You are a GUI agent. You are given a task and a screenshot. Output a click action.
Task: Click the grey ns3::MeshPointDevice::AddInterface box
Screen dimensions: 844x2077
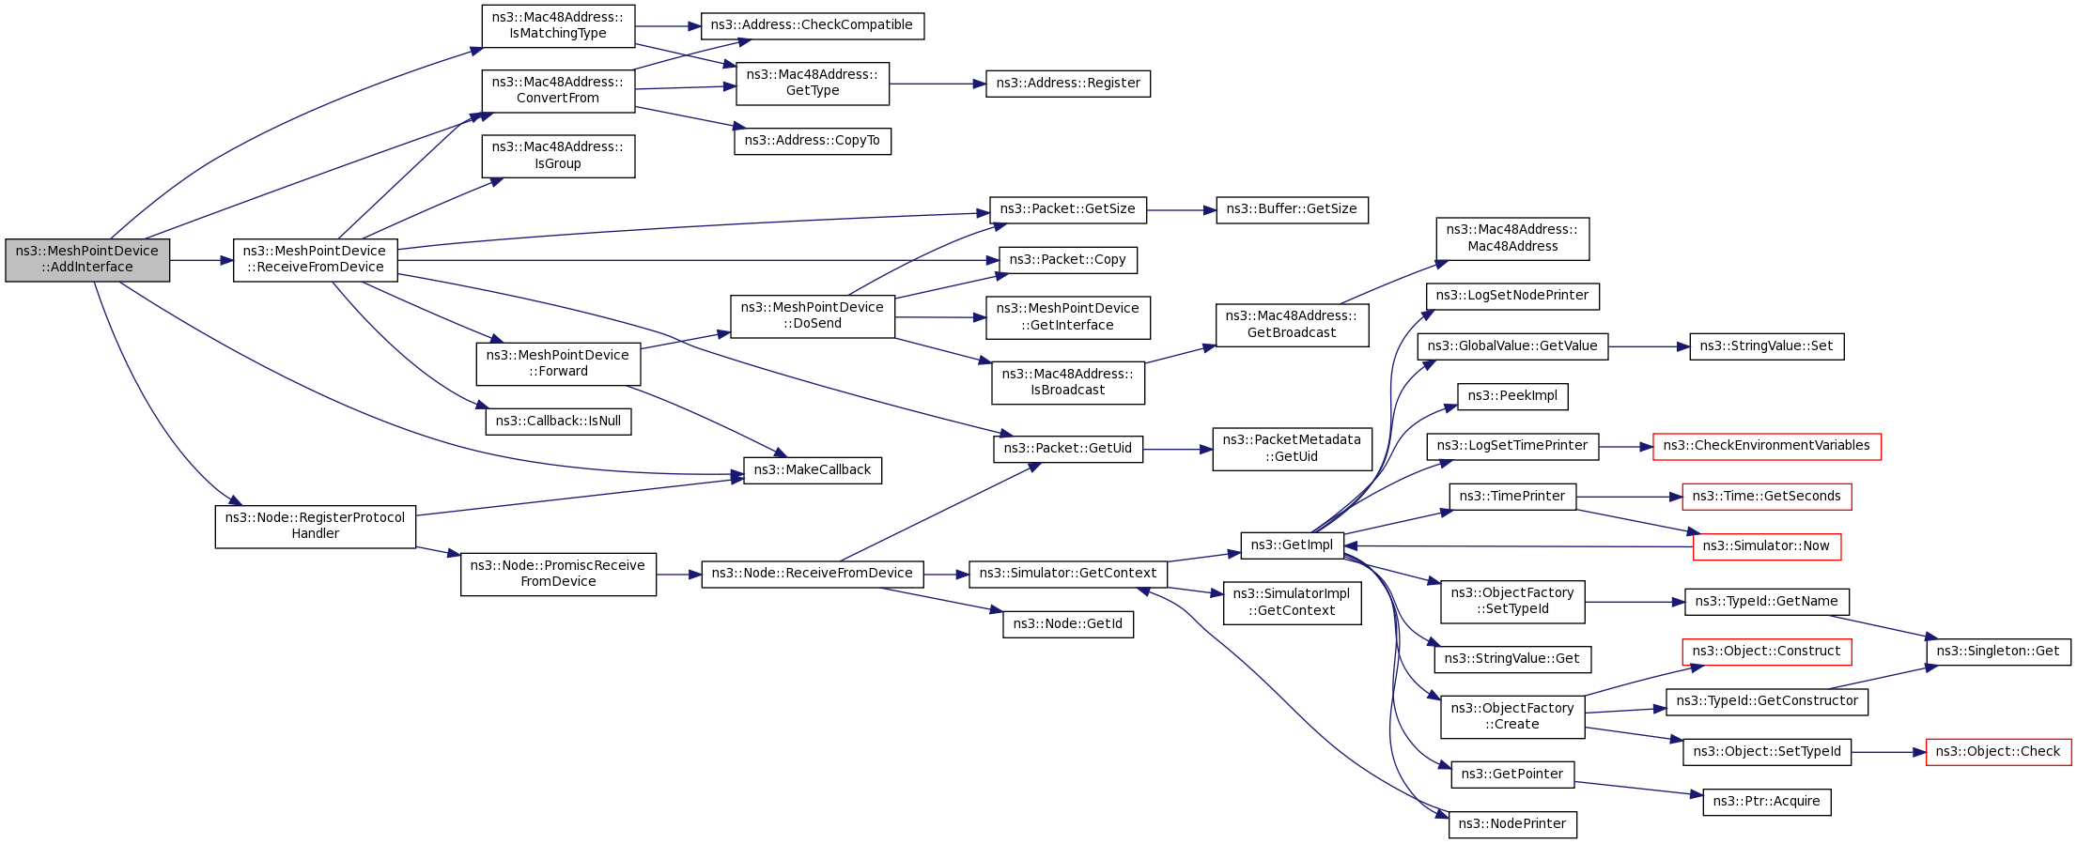87,260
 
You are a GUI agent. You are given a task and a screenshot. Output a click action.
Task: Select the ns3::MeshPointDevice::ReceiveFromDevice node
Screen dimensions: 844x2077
315,260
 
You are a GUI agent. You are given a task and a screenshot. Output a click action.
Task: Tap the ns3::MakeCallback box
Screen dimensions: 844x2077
812,470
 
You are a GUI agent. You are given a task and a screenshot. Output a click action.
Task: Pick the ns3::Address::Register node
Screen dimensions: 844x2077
1067,84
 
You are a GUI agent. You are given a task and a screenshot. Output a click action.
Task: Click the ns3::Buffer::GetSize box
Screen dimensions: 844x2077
1291,209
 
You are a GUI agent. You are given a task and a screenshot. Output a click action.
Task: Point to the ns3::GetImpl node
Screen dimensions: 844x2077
1291,545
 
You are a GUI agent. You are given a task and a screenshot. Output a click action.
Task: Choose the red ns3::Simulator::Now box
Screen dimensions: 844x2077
1765,546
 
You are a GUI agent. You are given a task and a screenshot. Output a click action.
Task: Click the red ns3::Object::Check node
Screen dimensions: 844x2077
1997,752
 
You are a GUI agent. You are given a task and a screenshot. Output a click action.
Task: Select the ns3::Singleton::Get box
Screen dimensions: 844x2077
1997,652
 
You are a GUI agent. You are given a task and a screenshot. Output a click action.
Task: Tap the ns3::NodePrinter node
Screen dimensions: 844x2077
1512,824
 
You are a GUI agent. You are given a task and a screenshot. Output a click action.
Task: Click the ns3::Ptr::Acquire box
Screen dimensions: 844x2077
1766,802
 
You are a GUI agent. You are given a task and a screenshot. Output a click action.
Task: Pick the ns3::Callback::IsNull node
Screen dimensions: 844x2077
558,422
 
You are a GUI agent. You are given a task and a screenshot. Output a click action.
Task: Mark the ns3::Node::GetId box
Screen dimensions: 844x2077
1067,624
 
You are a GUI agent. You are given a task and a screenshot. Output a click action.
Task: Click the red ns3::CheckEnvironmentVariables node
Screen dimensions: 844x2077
1766,446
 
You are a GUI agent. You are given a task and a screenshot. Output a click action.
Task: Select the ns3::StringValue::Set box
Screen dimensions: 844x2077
1766,346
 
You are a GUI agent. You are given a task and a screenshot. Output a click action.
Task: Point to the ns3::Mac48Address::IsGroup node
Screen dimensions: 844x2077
558,156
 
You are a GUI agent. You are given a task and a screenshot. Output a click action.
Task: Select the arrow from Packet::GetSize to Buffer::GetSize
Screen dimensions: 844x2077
1181,210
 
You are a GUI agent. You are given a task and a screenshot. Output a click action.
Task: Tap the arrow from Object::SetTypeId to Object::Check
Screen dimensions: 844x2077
1888,752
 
